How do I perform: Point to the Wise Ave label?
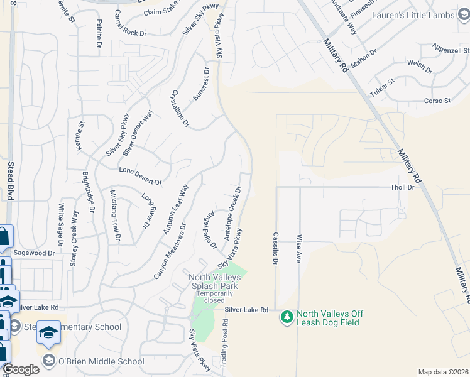(x=299, y=248)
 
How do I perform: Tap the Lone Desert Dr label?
(x=140, y=176)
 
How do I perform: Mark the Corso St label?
(x=437, y=101)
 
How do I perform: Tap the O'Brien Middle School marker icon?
(x=49, y=361)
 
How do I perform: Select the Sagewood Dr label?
(x=35, y=253)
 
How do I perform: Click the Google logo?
(x=21, y=370)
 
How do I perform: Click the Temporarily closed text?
(x=216, y=297)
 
